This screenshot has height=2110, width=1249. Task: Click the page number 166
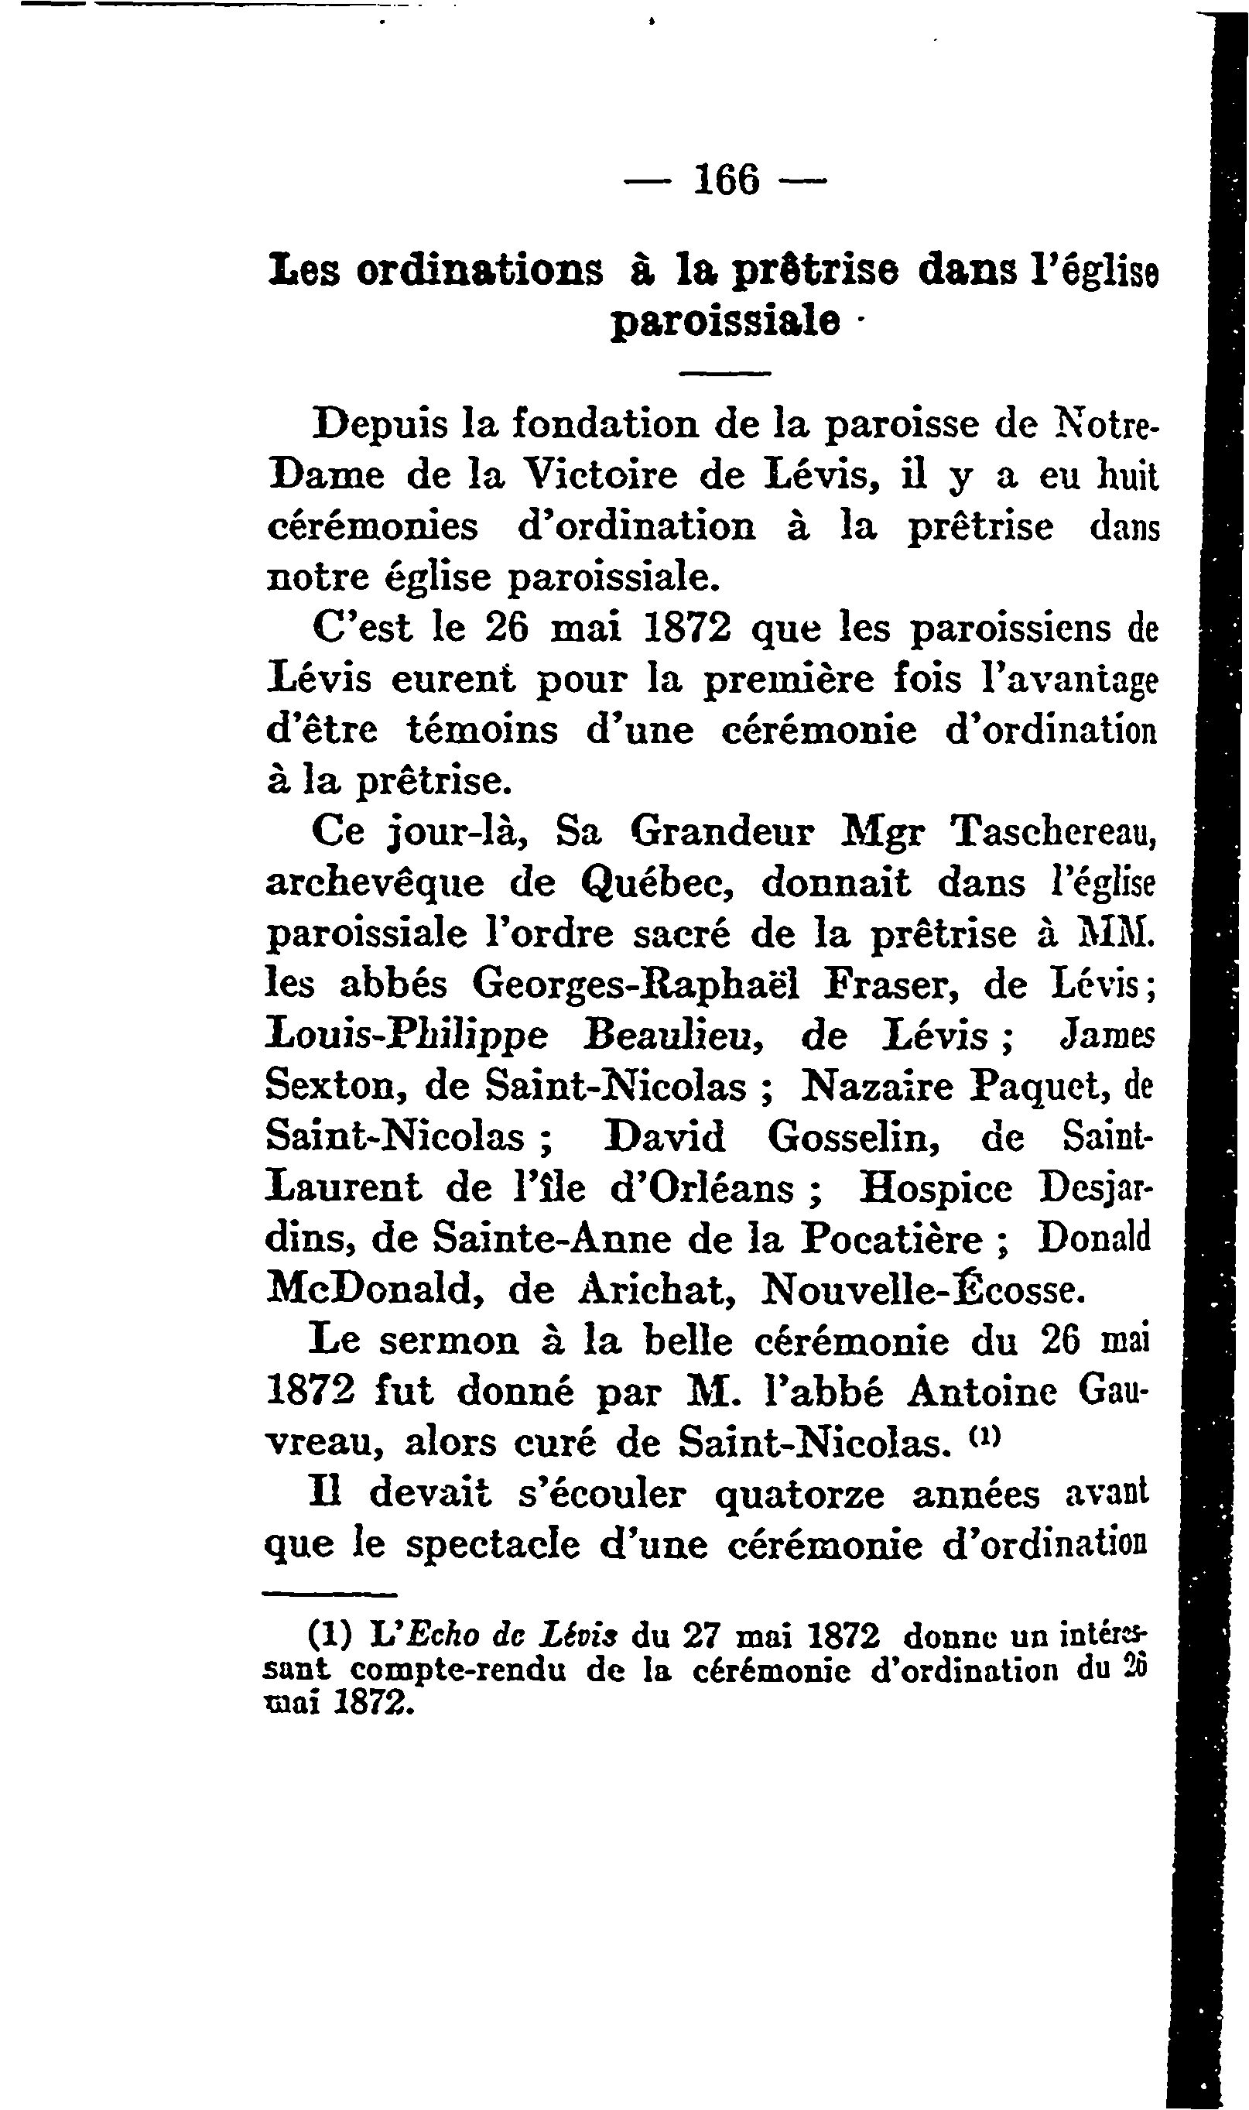[727, 180]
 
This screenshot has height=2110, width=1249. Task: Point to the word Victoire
[602, 475]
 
